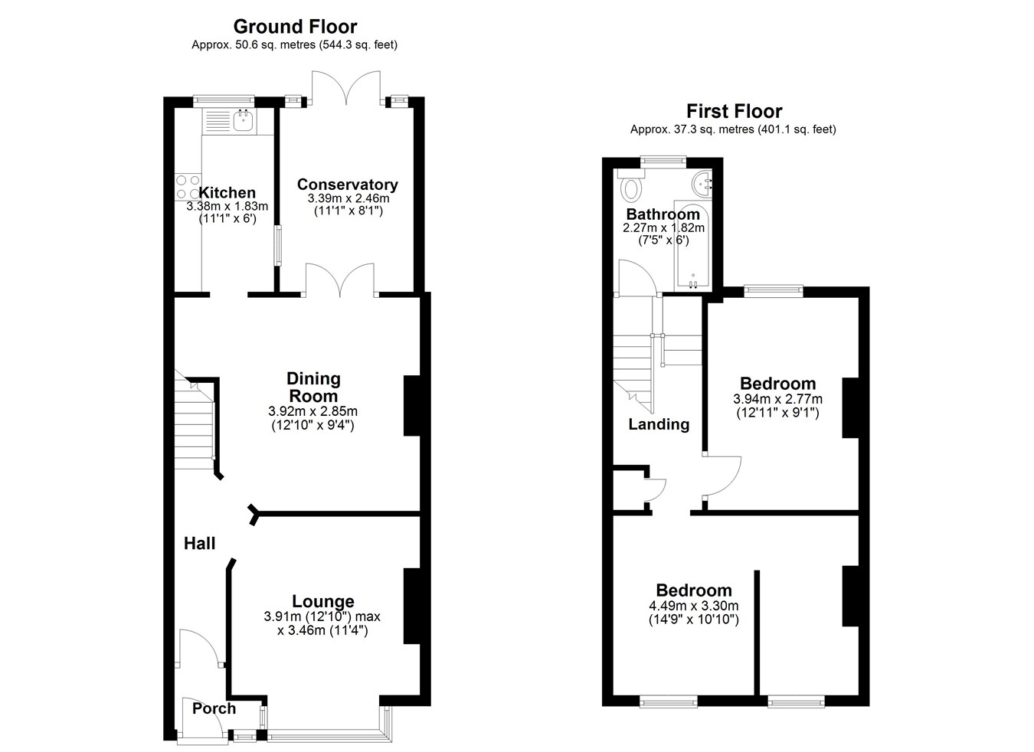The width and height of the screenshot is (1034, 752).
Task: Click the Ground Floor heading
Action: (295, 27)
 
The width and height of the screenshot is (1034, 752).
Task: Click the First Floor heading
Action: (734, 111)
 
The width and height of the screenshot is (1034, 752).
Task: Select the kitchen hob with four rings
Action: (188, 187)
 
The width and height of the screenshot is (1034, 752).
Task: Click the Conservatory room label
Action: (347, 185)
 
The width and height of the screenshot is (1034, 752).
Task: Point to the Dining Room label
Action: (313, 387)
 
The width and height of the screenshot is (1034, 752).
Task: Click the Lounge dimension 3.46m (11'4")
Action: (322, 630)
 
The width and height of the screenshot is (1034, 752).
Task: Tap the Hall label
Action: (199, 544)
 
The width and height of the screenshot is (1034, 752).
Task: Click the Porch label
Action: (214, 708)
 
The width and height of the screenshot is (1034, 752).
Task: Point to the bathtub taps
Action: (693, 283)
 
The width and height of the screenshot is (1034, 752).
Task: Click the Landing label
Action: (659, 424)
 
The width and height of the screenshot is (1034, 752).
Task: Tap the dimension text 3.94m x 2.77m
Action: (777, 399)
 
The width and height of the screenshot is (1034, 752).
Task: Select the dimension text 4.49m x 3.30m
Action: (693, 606)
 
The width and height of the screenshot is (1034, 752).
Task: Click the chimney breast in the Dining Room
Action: (412, 406)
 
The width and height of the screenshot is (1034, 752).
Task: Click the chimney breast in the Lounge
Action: (412, 606)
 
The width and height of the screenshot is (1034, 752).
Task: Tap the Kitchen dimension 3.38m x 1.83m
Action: (227, 206)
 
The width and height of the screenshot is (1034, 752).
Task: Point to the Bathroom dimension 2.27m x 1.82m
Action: (663, 227)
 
